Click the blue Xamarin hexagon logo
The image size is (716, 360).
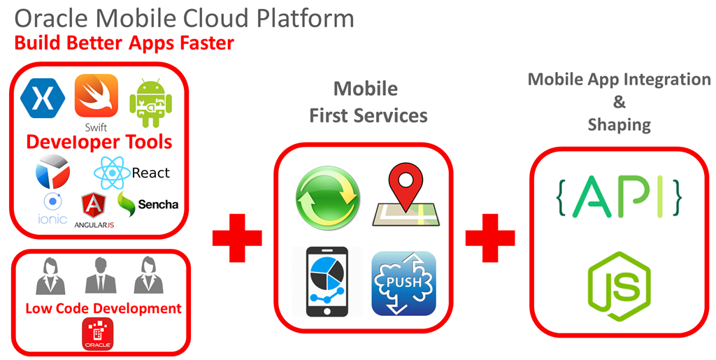(43, 96)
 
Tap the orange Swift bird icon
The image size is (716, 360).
(96, 96)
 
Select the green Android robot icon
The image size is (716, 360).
(150, 102)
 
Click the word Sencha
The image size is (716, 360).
(157, 205)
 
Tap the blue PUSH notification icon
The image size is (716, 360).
(403, 283)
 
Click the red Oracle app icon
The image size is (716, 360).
(97, 334)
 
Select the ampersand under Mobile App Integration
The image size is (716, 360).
(619, 102)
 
